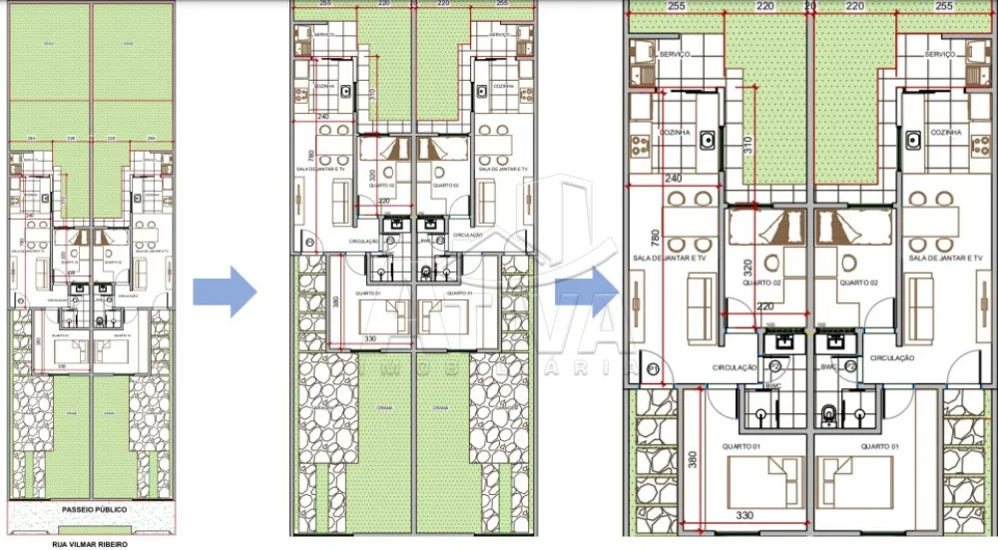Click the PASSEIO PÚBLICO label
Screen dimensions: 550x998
coord(92,509)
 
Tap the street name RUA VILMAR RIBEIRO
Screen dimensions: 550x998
coord(90,545)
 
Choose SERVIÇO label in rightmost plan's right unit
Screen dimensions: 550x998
coord(941,53)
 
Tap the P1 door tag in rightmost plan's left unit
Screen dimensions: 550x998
coord(654,370)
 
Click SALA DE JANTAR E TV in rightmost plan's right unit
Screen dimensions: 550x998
coord(946,259)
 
